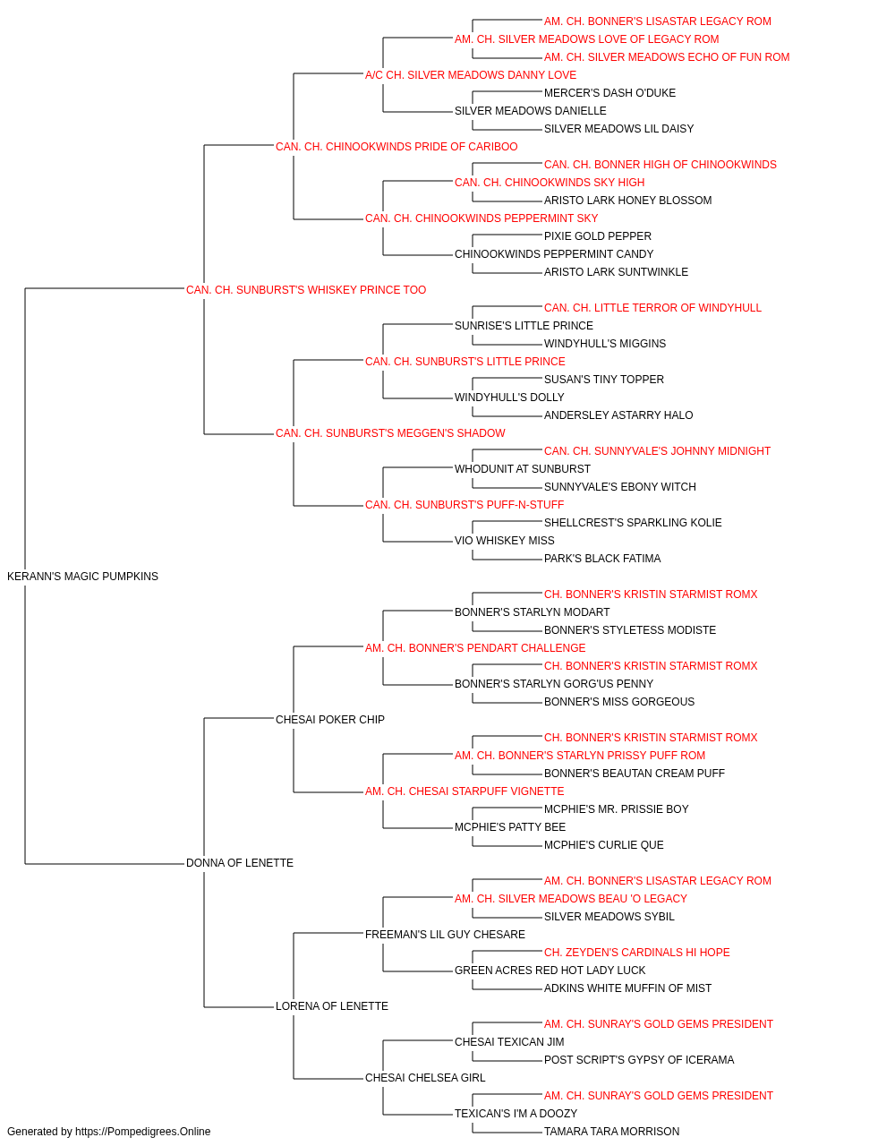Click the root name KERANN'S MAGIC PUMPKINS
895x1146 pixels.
[82, 577]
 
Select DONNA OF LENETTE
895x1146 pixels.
[240, 863]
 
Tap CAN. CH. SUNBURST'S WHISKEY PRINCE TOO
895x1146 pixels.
[306, 290]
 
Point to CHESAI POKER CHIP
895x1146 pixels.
[330, 720]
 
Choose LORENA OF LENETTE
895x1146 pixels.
[332, 1006]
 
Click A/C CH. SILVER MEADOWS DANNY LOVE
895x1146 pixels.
[471, 75]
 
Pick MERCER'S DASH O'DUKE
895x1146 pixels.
[609, 93]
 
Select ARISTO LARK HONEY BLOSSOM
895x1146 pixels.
[627, 201]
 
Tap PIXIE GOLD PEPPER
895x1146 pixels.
[598, 236]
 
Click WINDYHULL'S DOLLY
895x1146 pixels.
[509, 398]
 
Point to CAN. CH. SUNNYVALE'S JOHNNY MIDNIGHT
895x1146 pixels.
[657, 451]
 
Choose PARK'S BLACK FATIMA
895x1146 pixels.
[602, 559]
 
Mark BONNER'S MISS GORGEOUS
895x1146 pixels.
[619, 702]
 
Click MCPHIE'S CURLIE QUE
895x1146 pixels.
[603, 845]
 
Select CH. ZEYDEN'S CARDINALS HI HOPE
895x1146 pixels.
[636, 953]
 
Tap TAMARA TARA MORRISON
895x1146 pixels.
[611, 1132]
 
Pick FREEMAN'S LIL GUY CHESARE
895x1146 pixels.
[445, 935]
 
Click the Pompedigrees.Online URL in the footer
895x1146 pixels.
[143, 1132]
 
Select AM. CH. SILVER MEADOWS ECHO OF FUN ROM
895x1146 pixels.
[667, 57]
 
